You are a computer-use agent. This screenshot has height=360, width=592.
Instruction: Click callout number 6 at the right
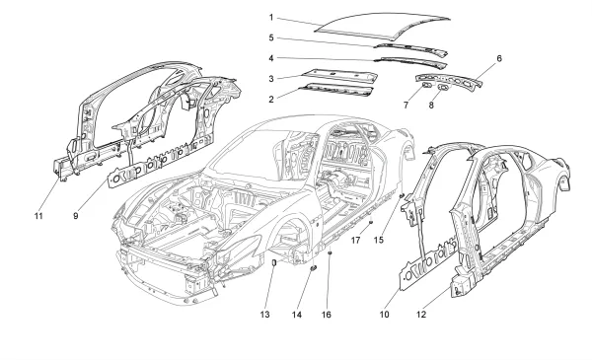click(x=499, y=58)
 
